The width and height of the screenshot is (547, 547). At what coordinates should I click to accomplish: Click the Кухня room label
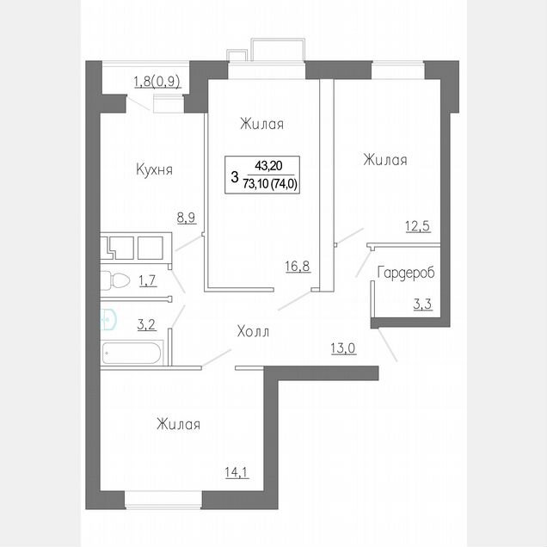154,170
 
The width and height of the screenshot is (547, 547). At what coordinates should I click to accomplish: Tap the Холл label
253,331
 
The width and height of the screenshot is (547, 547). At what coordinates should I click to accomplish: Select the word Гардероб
406,273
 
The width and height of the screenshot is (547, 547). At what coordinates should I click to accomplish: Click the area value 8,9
187,218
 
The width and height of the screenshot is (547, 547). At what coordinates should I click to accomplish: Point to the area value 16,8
298,266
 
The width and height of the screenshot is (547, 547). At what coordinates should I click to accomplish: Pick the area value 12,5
418,226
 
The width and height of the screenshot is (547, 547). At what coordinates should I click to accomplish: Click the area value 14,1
237,472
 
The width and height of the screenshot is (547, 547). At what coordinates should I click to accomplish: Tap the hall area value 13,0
343,348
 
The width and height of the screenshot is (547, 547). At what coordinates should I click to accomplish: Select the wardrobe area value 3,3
422,304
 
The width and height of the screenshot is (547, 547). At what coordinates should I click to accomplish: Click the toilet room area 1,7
148,280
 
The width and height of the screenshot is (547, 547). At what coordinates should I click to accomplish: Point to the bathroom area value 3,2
146,325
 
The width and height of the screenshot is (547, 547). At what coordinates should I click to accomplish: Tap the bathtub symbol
132,353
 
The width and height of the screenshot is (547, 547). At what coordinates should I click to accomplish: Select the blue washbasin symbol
108,318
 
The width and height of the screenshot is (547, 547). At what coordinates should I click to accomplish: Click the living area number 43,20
268,166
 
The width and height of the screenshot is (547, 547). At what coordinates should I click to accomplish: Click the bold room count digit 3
235,176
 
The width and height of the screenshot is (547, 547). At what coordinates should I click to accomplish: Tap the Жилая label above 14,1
178,425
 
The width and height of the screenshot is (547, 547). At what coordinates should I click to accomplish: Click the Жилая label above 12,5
385,160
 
